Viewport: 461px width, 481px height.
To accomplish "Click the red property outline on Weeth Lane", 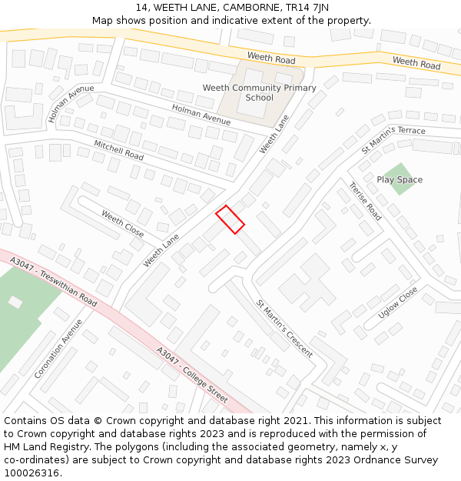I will click(x=230, y=219).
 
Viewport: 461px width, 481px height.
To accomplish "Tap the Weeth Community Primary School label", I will click(x=259, y=93).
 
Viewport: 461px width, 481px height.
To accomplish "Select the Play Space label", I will click(x=400, y=180).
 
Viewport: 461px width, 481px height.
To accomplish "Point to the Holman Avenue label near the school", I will click(x=201, y=115).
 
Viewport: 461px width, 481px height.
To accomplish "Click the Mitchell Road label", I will click(x=118, y=150).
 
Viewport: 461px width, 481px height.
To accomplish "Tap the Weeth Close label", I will click(x=122, y=224).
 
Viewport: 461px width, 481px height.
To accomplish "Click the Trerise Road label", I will click(x=365, y=202).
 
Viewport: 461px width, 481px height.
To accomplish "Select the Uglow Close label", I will click(x=397, y=302).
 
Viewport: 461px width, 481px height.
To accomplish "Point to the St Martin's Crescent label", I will click(x=284, y=329).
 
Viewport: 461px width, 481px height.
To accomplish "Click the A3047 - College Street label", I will click(x=192, y=375).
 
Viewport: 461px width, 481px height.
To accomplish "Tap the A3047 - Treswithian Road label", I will click(x=54, y=282).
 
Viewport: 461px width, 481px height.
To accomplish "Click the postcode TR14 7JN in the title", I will click(x=307, y=8).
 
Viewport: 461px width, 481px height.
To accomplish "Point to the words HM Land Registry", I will click(x=47, y=446).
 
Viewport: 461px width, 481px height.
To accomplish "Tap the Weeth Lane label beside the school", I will click(x=279, y=133).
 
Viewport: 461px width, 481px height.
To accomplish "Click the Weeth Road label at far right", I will click(x=416, y=62).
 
